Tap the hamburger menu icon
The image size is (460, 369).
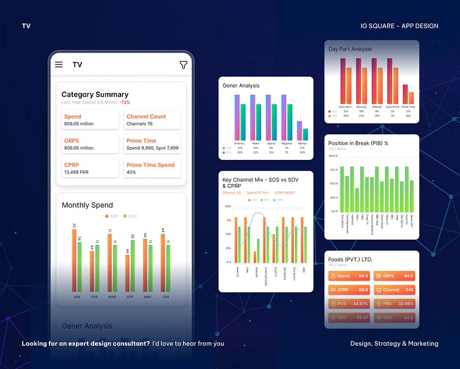pos(59,64)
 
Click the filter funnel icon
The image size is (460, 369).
pos(183,64)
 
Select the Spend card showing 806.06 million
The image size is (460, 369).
pos(89,120)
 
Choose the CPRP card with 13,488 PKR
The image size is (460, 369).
pos(89,169)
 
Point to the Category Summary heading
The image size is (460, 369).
pos(95,94)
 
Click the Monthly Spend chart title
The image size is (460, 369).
pos(87,205)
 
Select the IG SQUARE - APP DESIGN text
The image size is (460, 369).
pos(399,26)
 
